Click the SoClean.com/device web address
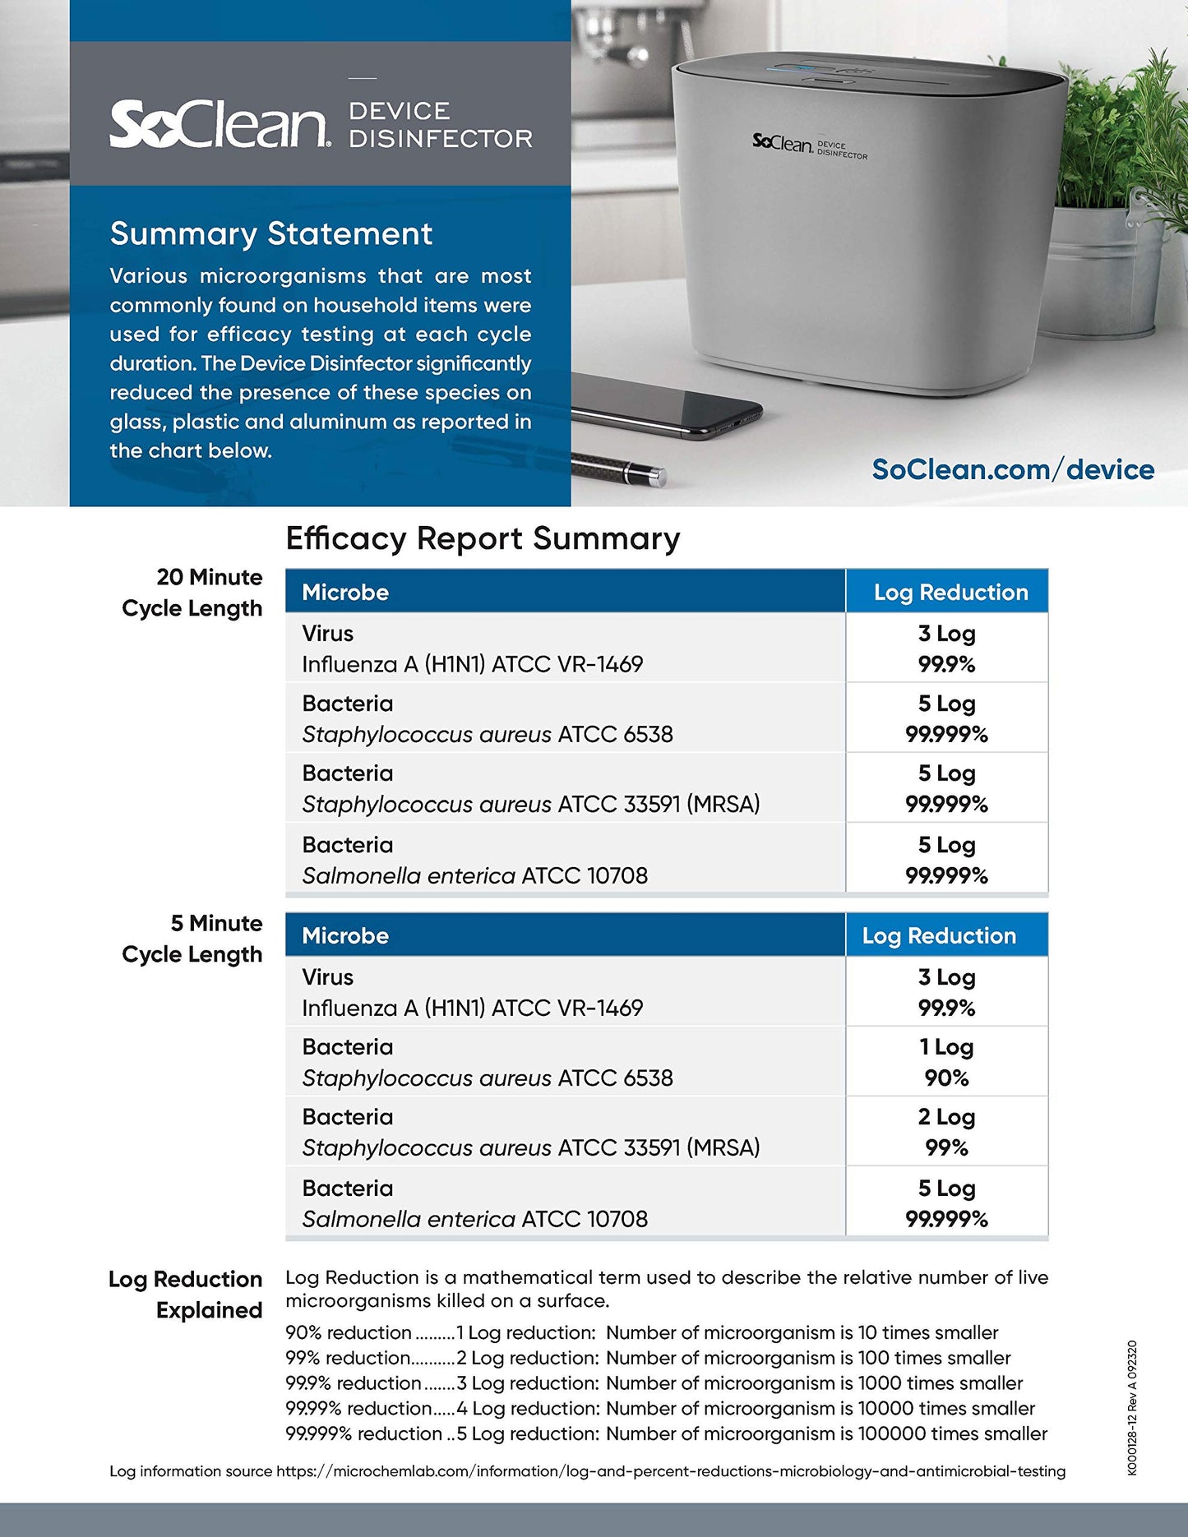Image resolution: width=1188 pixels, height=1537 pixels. (x=1012, y=469)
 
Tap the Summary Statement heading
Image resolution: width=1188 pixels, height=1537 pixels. (x=270, y=234)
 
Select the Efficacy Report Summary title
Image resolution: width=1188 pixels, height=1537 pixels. (x=483, y=539)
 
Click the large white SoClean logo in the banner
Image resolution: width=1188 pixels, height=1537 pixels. (x=220, y=125)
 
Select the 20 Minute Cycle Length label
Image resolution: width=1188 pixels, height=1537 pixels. (x=192, y=593)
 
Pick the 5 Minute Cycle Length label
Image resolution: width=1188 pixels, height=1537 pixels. (x=192, y=939)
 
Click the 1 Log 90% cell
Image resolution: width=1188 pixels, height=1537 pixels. (x=946, y=1062)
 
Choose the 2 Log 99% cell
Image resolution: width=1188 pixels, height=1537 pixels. (x=946, y=1132)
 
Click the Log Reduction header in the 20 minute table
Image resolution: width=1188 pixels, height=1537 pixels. (x=950, y=593)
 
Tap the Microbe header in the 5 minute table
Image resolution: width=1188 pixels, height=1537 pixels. (x=345, y=936)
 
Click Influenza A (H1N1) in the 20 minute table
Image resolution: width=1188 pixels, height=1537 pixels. (x=472, y=664)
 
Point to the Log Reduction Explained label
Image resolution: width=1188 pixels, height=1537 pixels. (x=186, y=1295)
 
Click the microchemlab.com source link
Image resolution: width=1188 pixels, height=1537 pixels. (x=670, y=1471)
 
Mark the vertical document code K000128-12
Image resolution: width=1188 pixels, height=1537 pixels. (x=1132, y=1408)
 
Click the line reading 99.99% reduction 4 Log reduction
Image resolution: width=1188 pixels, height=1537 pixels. (x=659, y=1409)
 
